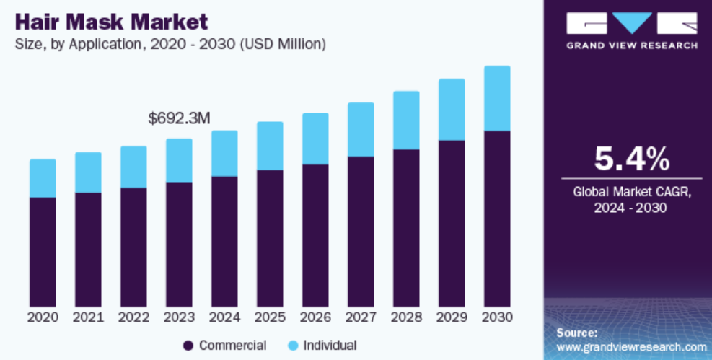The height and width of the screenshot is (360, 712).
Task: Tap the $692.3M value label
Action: point(179,118)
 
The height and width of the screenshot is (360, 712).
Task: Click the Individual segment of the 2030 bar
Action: point(497,98)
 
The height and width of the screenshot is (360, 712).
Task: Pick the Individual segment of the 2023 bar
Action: point(179,160)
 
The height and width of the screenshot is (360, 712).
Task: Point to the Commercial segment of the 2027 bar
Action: point(361,231)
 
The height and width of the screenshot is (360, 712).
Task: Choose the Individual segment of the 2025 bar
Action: point(270,146)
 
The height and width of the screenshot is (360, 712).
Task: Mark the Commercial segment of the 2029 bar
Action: point(452,223)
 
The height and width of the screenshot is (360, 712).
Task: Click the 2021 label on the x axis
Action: point(88,317)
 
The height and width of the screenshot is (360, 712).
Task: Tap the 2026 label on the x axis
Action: point(315,317)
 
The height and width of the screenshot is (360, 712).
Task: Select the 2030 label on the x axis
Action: point(497,317)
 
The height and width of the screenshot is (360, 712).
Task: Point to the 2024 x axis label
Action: point(224,317)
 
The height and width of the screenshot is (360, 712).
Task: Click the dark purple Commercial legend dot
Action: point(189,346)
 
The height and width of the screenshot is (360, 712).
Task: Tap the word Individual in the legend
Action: point(330,346)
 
